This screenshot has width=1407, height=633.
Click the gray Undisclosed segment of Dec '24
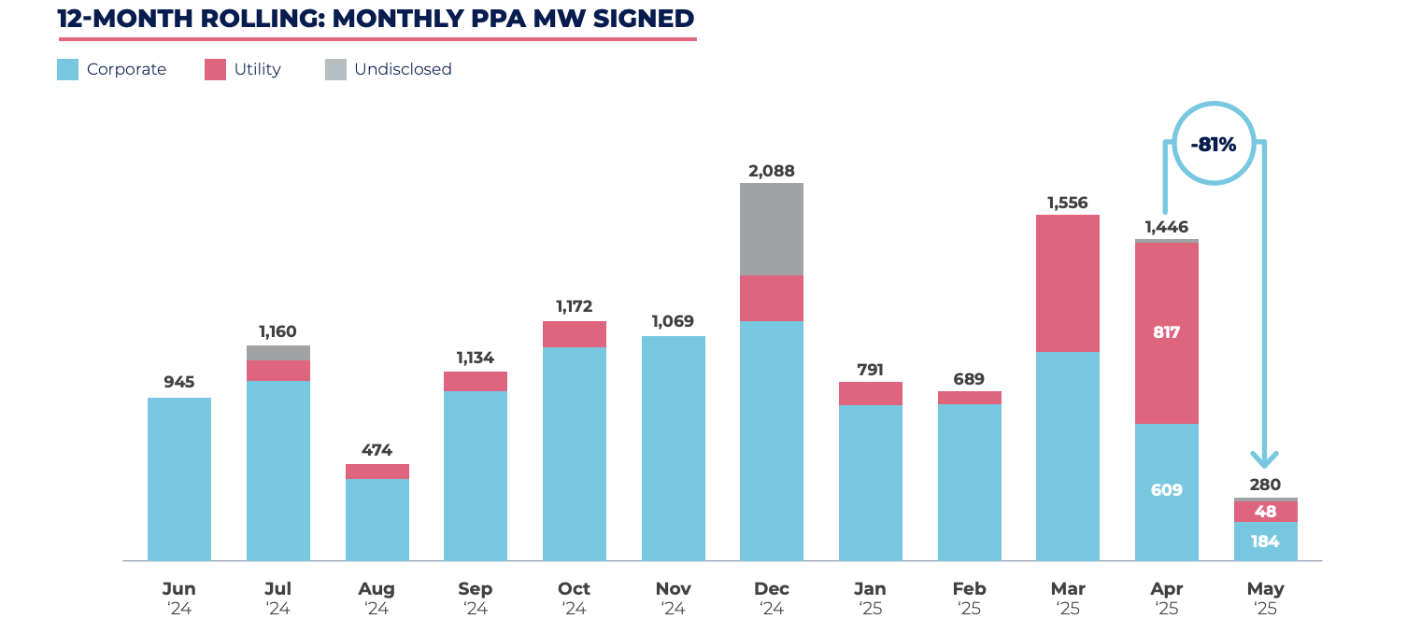(771, 229)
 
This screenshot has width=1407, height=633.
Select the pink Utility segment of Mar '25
(1067, 283)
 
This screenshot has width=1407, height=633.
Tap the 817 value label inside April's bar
(1166, 331)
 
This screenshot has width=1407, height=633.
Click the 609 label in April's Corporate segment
(1166, 490)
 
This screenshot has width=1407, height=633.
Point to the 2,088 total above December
(771, 171)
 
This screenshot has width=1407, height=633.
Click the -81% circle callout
(1213, 145)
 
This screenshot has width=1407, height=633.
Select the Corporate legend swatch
(67, 69)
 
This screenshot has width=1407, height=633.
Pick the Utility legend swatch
(215, 69)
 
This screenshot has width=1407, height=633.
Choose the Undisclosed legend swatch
(335, 69)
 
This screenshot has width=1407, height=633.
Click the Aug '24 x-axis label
(377, 598)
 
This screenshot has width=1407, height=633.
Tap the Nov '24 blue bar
(673, 448)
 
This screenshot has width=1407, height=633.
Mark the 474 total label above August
(377, 450)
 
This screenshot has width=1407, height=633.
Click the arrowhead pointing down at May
(1265, 460)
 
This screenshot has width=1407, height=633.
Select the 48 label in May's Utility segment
(1265, 512)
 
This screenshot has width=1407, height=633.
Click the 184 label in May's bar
(1265, 542)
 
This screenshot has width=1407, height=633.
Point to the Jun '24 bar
(179, 479)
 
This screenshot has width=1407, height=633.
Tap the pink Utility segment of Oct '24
(574, 334)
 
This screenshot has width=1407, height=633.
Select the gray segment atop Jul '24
(277, 353)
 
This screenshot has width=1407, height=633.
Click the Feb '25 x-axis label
(969, 598)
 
